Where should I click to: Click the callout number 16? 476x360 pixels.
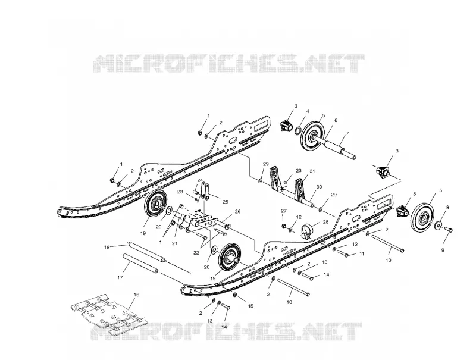(x=136, y=295)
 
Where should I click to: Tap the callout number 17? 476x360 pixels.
(x=120, y=277)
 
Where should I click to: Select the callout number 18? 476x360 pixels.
(x=107, y=247)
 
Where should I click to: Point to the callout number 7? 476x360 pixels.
(x=347, y=133)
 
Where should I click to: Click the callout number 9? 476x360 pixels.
(x=443, y=250)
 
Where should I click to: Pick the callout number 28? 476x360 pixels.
(x=325, y=222)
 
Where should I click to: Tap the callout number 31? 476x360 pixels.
(x=312, y=171)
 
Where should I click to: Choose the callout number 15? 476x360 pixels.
(x=250, y=306)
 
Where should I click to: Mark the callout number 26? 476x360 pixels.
(x=237, y=211)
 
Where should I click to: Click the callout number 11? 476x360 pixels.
(x=362, y=253)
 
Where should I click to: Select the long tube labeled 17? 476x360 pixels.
(x=140, y=264)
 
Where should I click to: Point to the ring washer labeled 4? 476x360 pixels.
(x=298, y=130)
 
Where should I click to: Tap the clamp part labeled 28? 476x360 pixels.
(x=307, y=231)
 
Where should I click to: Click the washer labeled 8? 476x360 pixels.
(x=439, y=226)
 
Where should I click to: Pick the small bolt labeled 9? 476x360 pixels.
(x=449, y=230)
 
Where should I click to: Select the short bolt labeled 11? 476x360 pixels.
(x=343, y=253)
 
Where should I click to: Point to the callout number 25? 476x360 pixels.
(x=226, y=202)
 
